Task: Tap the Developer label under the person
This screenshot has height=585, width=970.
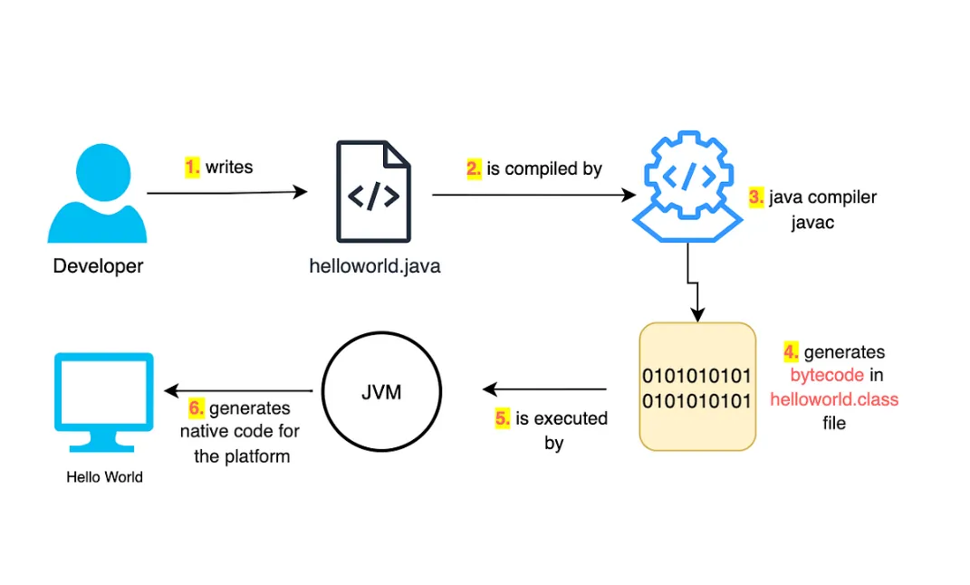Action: tap(98, 266)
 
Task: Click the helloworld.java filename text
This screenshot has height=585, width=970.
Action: tap(375, 267)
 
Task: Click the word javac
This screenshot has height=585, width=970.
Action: tap(811, 222)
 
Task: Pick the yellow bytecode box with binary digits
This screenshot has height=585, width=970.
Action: tap(696, 387)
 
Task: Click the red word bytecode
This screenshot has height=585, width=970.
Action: tap(825, 375)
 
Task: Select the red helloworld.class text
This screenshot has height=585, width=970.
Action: tap(834, 398)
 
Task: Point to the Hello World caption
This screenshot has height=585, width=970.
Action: tap(104, 477)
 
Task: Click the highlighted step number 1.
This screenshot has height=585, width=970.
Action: tap(192, 167)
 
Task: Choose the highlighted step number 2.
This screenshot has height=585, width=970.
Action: tap(475, 168)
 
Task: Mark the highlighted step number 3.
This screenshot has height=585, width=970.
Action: tap(756, 197)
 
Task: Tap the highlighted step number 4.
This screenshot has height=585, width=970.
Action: tap(791, 351)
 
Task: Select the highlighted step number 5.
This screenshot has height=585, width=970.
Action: tap(503, 418)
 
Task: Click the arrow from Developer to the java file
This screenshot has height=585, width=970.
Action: tap(226, 192)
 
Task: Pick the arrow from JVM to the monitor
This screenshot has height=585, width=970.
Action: tap(239, 391)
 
